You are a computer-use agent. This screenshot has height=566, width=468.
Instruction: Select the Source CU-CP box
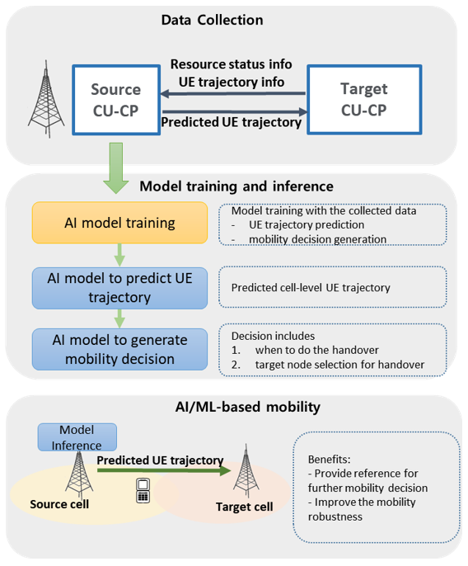pos(115,100)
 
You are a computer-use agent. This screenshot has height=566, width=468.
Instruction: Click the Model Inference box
pos(77,437)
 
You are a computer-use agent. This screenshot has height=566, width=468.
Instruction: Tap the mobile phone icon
pos(142,490)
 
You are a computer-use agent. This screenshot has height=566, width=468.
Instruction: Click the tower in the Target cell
pos(245,470)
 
